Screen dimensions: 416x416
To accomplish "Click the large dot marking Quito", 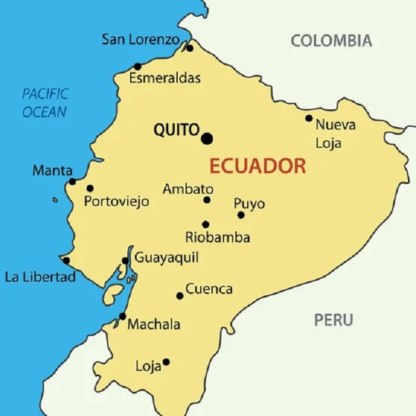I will coord(207,139).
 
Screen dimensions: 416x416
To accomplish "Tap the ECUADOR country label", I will coord(257,166).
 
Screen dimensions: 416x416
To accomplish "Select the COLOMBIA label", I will coord(332,41).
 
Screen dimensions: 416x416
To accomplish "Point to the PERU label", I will coord(333,320).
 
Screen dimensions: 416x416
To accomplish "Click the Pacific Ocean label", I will coord(45,102).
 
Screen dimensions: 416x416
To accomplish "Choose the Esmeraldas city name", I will coord(165,78).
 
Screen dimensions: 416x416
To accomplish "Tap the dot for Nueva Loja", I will coord(309,118).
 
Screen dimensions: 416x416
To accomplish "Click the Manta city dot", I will coord(73,182).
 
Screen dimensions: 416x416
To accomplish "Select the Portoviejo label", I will coord(116,201).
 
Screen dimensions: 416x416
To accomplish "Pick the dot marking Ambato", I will coord(207,200).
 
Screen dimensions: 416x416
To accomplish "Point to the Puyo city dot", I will coord(241,215).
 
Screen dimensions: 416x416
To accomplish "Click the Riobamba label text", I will coord(218,238).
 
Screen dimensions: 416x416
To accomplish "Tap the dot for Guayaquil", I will coord(125,261).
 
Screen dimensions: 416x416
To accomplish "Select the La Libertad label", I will coord(40,277).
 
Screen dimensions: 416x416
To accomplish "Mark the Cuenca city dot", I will coord(179,296).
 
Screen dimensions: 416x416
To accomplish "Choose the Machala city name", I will coord(154,324).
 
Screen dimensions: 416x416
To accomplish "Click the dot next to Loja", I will coord(166,362).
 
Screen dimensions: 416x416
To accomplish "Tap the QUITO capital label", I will coord(176,130).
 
